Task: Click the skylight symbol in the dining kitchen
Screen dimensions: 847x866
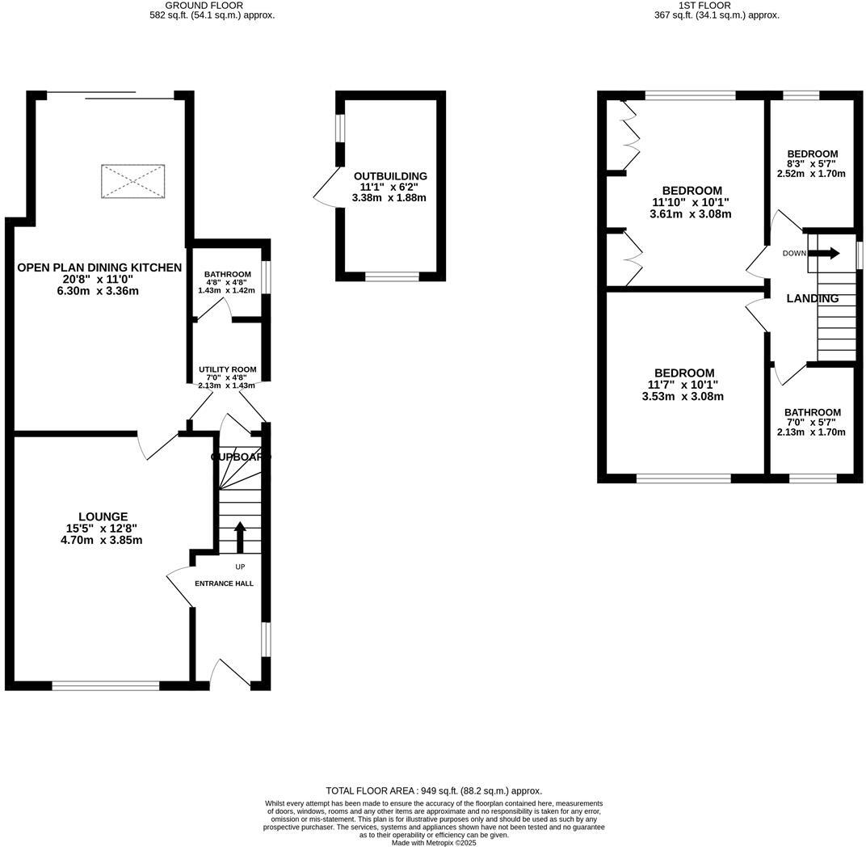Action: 133,181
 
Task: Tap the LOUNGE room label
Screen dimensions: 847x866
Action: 103,516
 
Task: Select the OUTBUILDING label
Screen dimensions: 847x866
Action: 390,176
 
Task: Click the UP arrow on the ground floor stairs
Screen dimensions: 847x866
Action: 240,537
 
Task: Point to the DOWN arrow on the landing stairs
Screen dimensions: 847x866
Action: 824,253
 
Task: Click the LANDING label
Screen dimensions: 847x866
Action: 813,298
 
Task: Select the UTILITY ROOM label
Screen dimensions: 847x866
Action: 227,369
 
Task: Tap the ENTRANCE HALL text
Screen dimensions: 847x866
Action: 224,583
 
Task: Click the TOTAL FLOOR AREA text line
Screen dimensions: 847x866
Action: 434,790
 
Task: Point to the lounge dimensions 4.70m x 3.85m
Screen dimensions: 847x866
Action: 102,540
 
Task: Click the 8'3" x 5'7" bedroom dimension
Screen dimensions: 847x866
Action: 811,163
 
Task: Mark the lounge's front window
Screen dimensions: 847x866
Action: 106,686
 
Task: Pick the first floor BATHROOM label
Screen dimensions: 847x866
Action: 813,412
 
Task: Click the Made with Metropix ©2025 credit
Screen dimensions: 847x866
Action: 434,842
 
